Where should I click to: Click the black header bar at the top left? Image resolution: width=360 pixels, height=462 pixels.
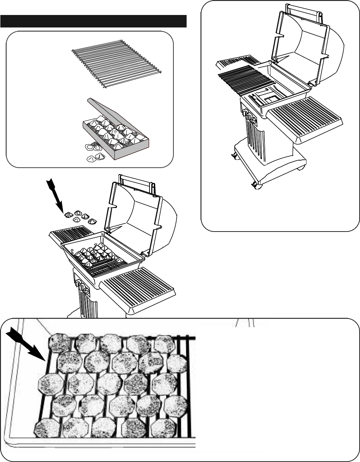[x=93, y=21]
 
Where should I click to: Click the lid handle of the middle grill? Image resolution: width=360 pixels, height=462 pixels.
[x=136, y=178]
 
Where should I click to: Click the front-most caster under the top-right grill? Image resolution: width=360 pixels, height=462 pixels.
[x=256, y=185]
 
